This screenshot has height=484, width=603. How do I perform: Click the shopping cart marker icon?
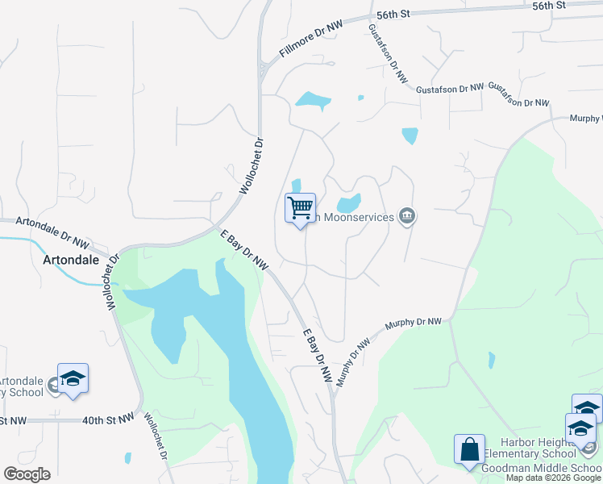click(300, 208)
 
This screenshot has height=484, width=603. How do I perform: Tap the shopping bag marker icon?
click(469, 450)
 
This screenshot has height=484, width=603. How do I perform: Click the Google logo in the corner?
click(27, 474)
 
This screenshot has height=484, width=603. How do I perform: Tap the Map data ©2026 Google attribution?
click(554, 478)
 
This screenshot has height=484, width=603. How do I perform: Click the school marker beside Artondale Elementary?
click(73, 379)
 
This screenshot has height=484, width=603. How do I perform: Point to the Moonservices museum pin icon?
click(407, 216)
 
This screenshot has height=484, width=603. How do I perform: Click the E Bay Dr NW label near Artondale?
click(244, 250)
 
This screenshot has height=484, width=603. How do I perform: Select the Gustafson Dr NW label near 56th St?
click(387, 53)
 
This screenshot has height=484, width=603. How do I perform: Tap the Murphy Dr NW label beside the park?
click(413, 322)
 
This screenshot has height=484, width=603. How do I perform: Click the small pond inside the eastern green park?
click(492, 360)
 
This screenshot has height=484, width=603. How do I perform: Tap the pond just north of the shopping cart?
click(296, 186)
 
